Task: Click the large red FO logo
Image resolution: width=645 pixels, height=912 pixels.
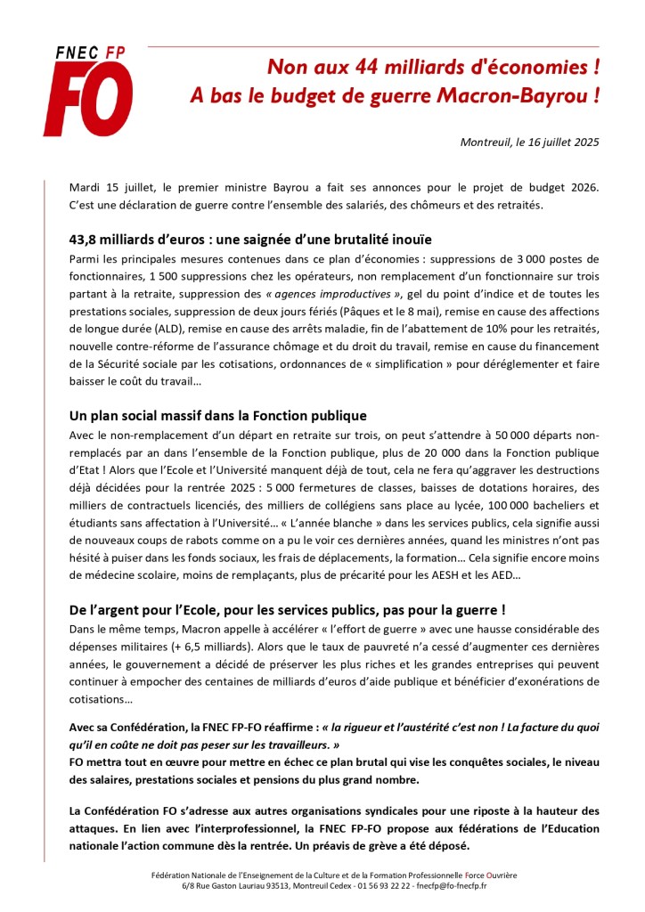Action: click(87, 101)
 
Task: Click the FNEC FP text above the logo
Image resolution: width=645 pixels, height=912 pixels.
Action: click(89, 53)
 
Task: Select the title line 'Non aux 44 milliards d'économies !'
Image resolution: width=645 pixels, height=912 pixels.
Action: click(434, 68)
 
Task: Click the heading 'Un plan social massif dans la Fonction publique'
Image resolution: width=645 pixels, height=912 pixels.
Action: click(217, 416)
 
